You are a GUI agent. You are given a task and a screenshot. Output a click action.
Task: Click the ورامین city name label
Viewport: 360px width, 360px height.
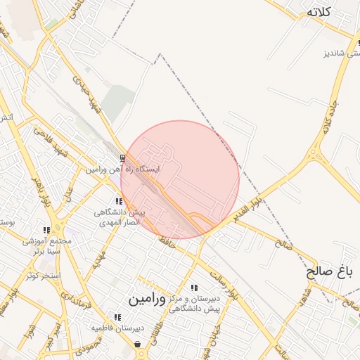(148, 300)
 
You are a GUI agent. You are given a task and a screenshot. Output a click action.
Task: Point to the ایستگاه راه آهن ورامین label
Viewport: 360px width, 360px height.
(123, 169)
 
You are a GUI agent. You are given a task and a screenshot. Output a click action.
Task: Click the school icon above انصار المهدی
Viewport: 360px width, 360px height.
(119, 201)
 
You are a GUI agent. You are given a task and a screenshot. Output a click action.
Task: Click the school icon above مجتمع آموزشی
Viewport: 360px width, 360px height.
(46, 230)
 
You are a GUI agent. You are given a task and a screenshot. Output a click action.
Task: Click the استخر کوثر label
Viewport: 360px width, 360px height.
(44, 275)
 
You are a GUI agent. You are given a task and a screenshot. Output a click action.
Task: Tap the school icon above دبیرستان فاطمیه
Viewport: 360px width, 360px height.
(117, 317)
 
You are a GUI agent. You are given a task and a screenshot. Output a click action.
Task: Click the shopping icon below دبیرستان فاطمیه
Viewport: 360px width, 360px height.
(137, 344)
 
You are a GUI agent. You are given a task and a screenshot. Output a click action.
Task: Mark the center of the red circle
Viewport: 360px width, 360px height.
(180, 180)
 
